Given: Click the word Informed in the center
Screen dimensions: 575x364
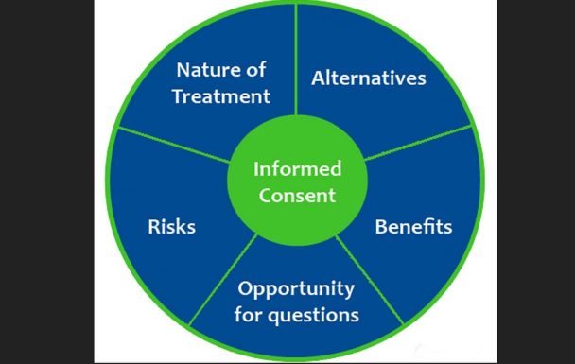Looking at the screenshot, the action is [x=297, y=169].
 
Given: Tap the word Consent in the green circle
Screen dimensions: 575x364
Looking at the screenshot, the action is [x=297, y=195].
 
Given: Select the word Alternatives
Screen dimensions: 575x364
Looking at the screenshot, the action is [x=369, y=78].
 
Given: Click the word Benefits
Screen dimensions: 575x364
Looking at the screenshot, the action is [x=413, y=227].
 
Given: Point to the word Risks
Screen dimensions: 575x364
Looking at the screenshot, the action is [x=171, y=227].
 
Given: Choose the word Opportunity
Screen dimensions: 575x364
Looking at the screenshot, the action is [x=296, y=289].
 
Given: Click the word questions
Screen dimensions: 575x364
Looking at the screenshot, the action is [x=313, y=316].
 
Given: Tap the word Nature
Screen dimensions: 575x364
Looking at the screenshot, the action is [x=205, y=70].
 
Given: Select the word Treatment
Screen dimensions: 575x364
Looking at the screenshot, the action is [x=221, y=96].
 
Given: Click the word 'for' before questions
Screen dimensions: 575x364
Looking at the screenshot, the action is [x=249, y=315].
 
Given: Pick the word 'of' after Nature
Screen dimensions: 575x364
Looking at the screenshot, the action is [x=255, y=70].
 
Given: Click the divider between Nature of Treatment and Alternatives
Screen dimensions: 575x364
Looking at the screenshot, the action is [x=296, y=60].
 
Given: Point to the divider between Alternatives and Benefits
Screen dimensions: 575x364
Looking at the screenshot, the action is [x=418, y=143].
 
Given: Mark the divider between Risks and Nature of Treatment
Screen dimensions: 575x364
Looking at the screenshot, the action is [x=174, y=145].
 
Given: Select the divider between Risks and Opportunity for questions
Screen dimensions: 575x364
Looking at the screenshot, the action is [x=222, y=280].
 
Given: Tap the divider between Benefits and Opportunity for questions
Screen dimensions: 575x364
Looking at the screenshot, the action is [x=370, y=280].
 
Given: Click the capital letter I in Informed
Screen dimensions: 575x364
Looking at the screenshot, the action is [x=256, y=169].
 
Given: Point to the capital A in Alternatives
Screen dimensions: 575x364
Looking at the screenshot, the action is [x=319, y=78].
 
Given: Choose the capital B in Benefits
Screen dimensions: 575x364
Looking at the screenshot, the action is [x=380, y=227].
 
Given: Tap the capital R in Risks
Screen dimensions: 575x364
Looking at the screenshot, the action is [x=154, y=227].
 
